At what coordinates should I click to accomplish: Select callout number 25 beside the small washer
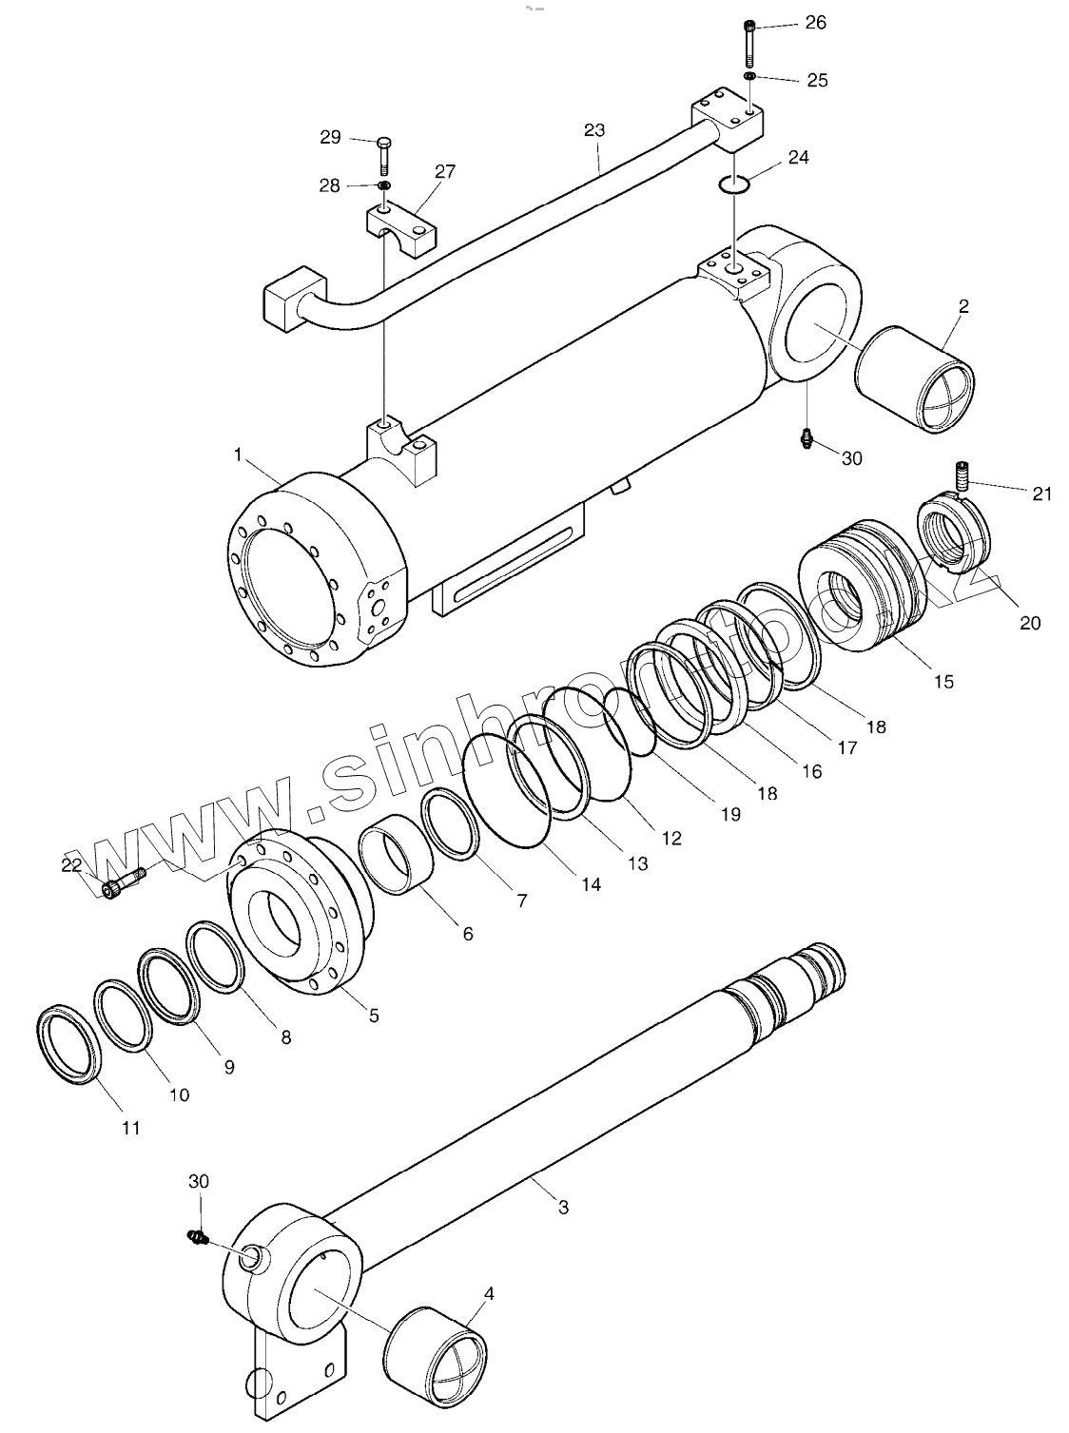[x=817, y=80]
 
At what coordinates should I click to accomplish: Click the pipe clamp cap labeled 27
[x=400, y=225]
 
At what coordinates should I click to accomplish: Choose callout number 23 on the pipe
[x=593, y=129]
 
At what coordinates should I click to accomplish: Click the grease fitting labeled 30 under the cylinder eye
[x=807, y=438]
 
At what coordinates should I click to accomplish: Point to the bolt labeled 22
[x=122, y=882]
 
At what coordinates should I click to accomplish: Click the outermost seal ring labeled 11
[x=68, y=1041]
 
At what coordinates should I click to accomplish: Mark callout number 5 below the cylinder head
[x=374, y=1016]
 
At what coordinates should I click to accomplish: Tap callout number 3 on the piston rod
[x=563, y=1208]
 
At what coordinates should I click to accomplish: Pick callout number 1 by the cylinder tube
[x=237, y=455]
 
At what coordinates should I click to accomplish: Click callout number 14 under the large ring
[x=591, y=884]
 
